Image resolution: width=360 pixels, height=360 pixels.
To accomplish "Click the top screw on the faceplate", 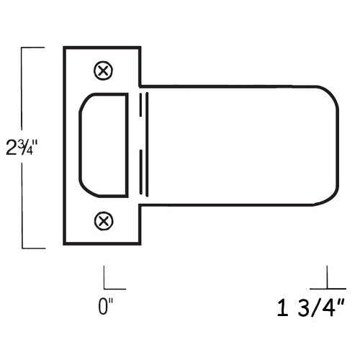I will tap(104, 71).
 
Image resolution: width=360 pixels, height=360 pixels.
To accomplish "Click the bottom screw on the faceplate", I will tap(104, 219).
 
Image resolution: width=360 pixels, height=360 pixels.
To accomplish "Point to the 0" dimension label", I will tap(106, 307).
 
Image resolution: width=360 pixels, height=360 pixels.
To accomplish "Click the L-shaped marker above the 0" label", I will tap(109, 279).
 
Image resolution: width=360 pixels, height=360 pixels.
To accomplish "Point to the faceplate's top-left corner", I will tap(65, 48).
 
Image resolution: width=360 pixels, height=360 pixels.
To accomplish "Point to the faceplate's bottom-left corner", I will tap(65, 245).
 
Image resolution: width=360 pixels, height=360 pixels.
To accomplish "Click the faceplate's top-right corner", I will tap(139, 48).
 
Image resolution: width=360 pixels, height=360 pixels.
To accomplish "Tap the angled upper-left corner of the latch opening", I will tap(84, 101).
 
